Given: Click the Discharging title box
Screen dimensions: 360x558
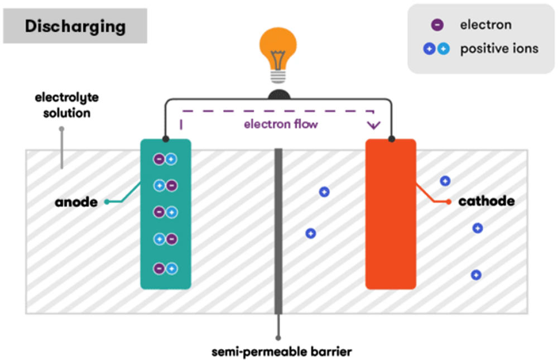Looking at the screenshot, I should [75, 26].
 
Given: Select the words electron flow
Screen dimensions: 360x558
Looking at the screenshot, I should [281, 124].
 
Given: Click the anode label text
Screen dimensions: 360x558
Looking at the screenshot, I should [76, 202].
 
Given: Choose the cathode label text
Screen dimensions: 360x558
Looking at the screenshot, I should [486, 201].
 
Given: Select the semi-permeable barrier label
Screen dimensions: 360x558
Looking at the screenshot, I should [282, 352].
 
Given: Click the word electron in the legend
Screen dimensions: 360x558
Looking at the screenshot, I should [485, 25].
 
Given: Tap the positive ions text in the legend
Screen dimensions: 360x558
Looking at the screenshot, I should [499, 49].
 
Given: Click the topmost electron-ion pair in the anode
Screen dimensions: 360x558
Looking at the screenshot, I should [165, 160].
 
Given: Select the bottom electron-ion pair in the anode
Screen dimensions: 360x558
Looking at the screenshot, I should [165, 268].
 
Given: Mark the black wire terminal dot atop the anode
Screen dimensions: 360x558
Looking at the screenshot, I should [165, 138].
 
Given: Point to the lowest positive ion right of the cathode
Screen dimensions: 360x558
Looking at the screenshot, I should [476, 275].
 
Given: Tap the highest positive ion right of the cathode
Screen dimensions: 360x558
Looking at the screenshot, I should [445, 181].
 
